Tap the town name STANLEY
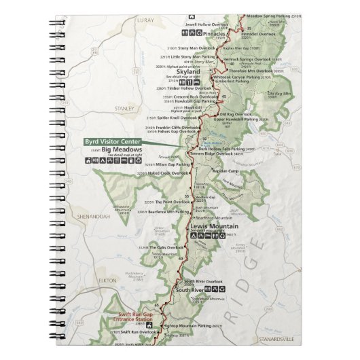[x=125, y=107]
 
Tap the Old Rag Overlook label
[x=236, y=114]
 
